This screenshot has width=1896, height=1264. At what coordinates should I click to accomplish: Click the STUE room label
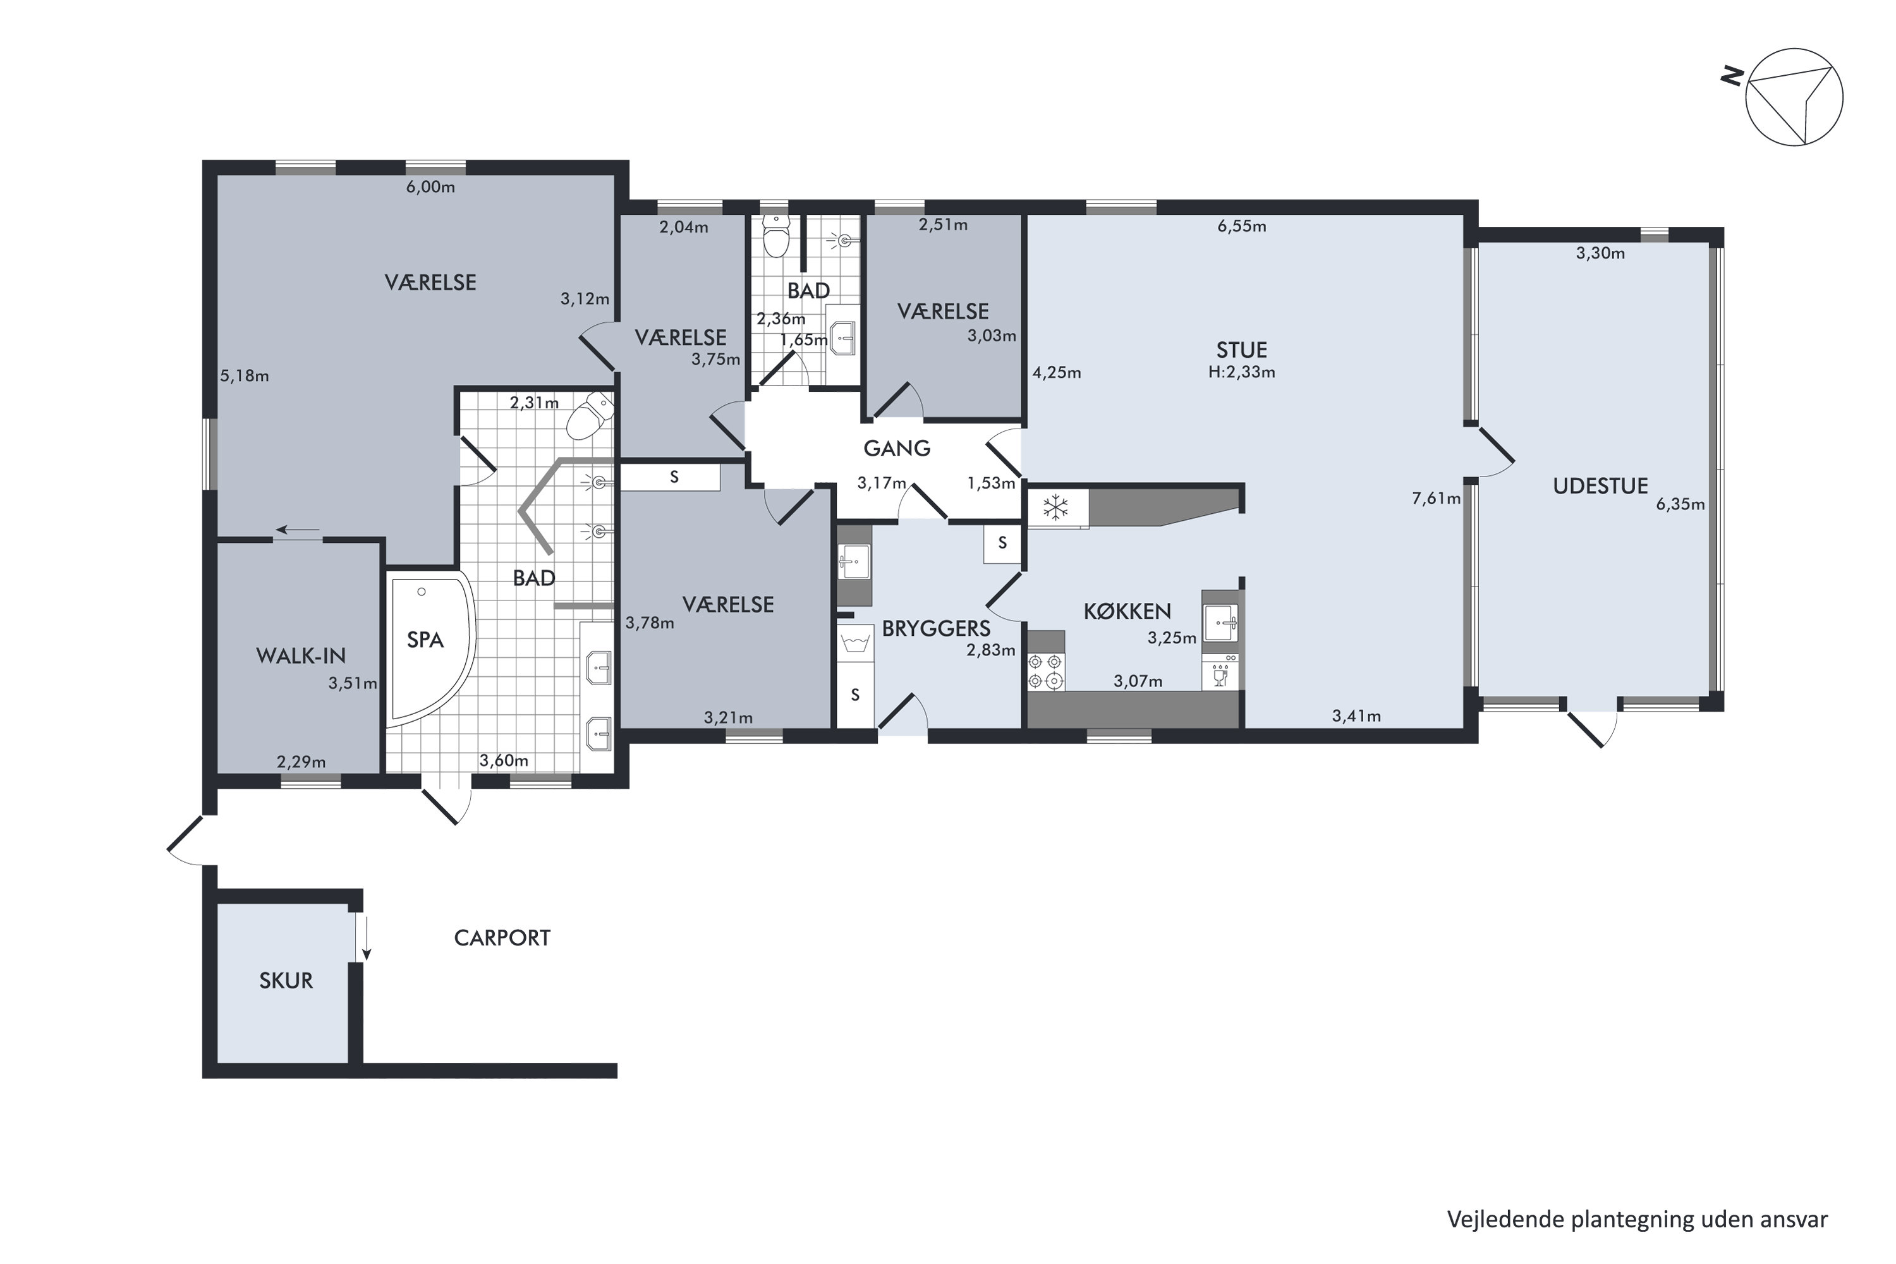1241,350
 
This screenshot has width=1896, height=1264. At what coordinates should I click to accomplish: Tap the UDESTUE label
1600,486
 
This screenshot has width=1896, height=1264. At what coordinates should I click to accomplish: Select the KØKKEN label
1127,612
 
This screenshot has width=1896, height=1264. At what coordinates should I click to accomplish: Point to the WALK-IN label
301,656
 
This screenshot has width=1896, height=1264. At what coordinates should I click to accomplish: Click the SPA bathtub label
425,640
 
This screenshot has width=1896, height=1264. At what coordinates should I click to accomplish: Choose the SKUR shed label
286,980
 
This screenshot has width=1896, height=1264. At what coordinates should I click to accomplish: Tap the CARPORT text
502,937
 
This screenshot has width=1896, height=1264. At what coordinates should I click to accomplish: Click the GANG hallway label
896,448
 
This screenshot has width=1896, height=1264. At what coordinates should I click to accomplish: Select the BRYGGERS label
936,629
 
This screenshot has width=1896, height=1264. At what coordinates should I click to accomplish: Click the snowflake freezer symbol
1055,508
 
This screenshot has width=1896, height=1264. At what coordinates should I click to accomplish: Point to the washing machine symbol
854,644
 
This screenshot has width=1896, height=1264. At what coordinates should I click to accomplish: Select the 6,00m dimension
430,188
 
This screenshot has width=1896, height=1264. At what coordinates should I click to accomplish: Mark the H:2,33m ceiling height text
1241,372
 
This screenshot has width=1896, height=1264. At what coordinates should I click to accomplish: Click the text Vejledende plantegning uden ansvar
1638,1220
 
